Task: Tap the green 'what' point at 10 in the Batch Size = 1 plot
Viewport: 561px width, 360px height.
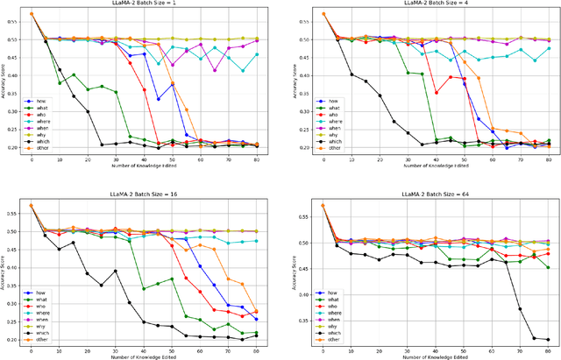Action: click(x=60, y=83)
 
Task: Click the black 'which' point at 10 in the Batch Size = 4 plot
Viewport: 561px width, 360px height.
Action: click(x=353, y=74)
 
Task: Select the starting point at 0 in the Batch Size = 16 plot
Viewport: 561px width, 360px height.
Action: click(x=32, y=205)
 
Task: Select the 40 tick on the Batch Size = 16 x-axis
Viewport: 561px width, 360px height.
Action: click(x=143, y=349)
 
